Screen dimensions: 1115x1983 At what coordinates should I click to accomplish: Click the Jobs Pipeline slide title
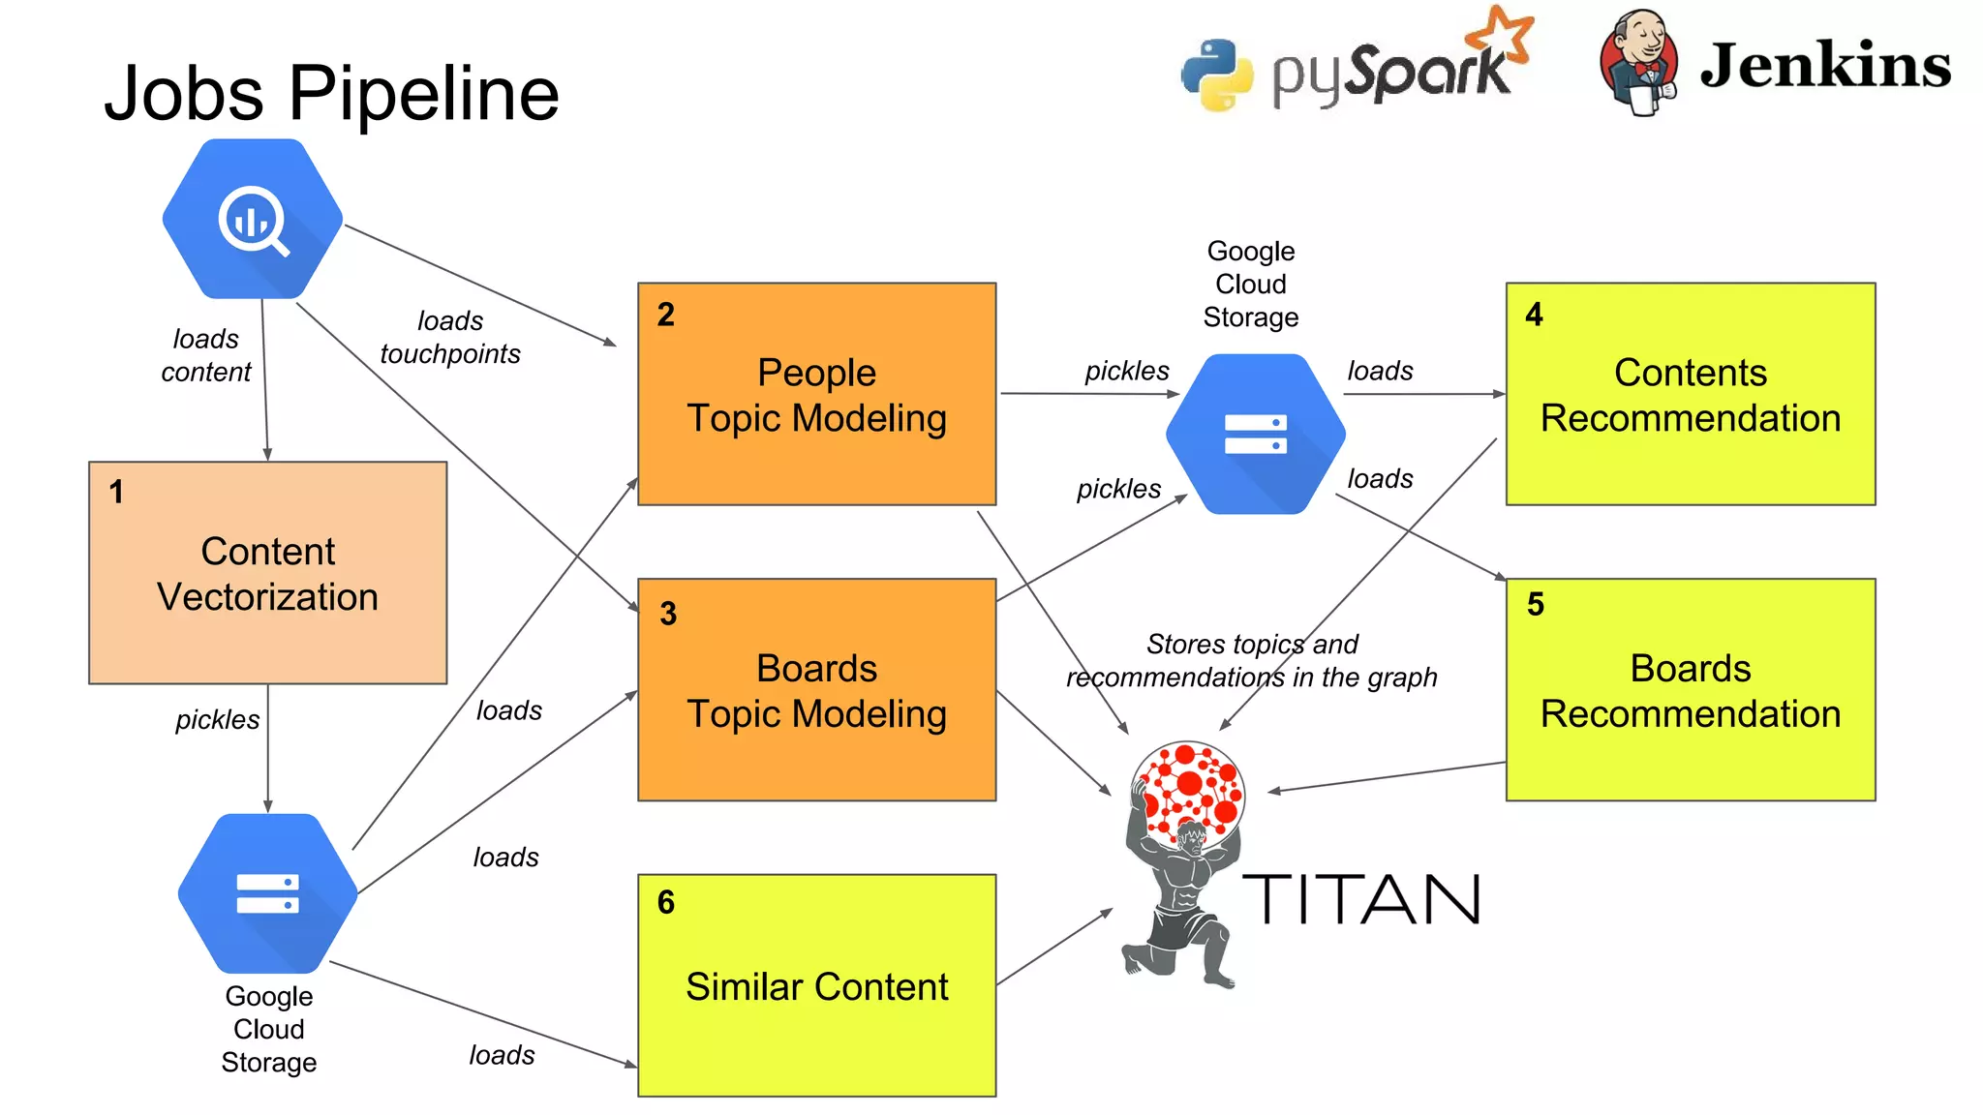point(331,94)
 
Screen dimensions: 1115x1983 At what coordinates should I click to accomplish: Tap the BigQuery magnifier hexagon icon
point(253,220)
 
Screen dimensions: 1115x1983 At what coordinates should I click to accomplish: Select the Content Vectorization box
point(267,573)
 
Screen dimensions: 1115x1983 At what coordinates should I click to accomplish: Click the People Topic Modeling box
point(816,394)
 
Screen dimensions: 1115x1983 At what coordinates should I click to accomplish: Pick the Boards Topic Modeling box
point(816,690)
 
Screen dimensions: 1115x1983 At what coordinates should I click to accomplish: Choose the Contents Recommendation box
point(1690,394)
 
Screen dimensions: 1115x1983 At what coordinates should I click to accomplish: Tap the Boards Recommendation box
point(1690,690)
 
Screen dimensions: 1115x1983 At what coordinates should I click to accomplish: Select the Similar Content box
point(816,986)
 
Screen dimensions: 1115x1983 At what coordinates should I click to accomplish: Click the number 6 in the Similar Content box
point(666,902)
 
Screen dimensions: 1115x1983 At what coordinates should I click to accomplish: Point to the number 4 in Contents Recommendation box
point(1534,315)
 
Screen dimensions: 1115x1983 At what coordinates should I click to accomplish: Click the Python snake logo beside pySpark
point(1217,75)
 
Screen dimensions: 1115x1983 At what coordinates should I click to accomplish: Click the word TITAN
point(1360,899)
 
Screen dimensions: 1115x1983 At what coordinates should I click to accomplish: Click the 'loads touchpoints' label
point(450,338)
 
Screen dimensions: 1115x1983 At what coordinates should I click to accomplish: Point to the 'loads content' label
point(205,355)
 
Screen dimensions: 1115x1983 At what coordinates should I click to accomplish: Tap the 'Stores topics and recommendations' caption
point(1251,660)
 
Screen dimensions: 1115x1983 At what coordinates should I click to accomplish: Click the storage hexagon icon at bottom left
point(268,893)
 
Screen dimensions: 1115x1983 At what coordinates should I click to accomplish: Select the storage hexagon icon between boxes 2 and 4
point(1255,434)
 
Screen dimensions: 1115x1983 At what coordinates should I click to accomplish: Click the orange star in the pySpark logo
point(1500,36)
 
